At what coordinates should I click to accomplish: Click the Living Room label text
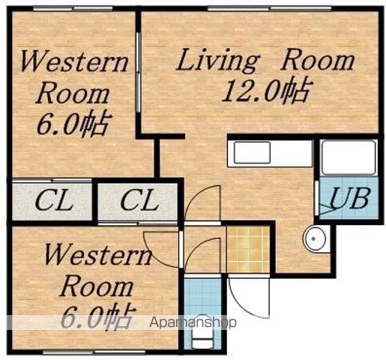click(265, 60)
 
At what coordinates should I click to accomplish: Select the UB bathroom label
click(349, 198)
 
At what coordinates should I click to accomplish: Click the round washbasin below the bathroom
click(315, 238)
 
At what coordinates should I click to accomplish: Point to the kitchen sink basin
click(253, 152)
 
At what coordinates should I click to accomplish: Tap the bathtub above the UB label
click(349, 158)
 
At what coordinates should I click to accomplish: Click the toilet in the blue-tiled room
click(203, 332)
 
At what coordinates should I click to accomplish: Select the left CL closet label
click(54, 200)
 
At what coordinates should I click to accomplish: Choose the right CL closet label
click(139, 200)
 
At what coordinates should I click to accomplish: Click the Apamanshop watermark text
click(193, 322)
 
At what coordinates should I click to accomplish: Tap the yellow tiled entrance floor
click(248, 249)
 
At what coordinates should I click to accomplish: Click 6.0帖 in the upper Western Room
click(73, 124)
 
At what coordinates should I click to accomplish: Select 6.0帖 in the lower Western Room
click(97, 317)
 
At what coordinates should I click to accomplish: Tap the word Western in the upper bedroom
click(74, 61)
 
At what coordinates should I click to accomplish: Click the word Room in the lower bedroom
click(97, 288)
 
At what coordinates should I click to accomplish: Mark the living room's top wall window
click(270, 9)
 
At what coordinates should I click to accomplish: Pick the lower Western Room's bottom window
click(94, 352)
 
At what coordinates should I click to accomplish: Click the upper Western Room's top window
click(73, 9)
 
